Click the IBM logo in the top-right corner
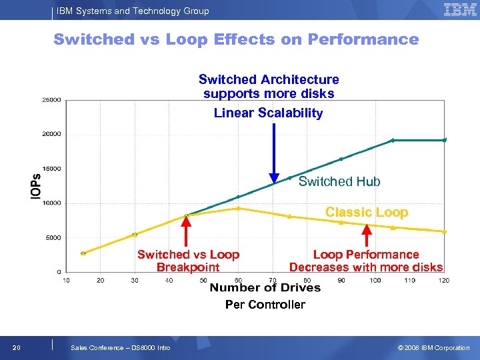pyautogui.click(x=460, y=9)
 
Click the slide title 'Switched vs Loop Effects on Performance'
pyautogui.click(x=236, y=39)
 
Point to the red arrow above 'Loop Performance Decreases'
pyautogui.click(x=366, y=237)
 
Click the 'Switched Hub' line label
pyautogui.click(x=339, y=181)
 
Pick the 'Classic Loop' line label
pyautogui.click(x=366, y=212)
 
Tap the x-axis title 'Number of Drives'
pyautogui.click(x=265, y=287)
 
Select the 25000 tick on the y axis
pyautogui.click(x=52, y=100)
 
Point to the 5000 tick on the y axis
pyautogui.click(x=53, y=237)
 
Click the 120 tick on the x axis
pyautogui.click(x=444, y=280)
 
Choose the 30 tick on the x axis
pyautogui.click(x=135, y=280)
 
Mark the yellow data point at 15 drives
pyautogui.click(x=83, y=253)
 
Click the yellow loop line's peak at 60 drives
pyautogui.click(x=238, y=208)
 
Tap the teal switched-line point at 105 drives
pyautogui.click(x=393, y=140)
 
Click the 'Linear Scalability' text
pyautogui.click(x=268, y=113)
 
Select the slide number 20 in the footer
pyautogui.click(x=17, y=347)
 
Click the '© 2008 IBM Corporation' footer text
pyautogui.click(x=433, y=347)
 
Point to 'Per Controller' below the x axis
pyautogui.click(x=265, y=305)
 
